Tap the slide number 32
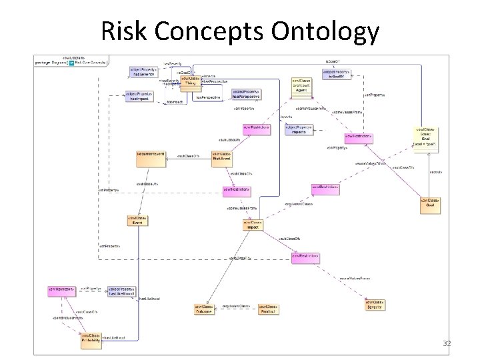click(447, 343)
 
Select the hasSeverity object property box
click(143, 71)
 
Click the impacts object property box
click(299, 129)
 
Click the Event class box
click(137, 220)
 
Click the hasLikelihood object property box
click(121, 291)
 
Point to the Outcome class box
click(204, 309)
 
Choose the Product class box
click(269, 309)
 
